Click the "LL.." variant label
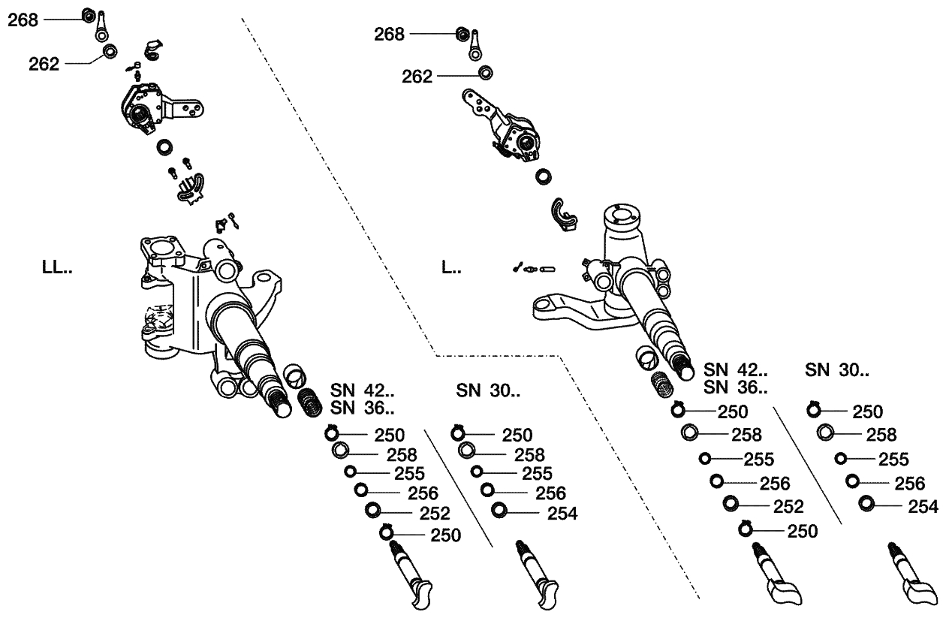[57, 267]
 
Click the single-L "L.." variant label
[451, 267]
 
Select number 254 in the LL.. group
[562, 514]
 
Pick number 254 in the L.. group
[923, 507]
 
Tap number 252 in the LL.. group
[435, 514]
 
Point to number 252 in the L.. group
[788, 506]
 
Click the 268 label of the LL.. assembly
[23, 20]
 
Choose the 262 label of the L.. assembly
[417, 77]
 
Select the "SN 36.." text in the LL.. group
[362, 408]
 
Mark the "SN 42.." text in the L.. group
[735, 370]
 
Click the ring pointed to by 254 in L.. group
[866, 505]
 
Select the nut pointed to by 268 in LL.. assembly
[86, 15]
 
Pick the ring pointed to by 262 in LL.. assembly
[110, 52]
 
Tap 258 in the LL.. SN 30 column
[529, 454]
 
